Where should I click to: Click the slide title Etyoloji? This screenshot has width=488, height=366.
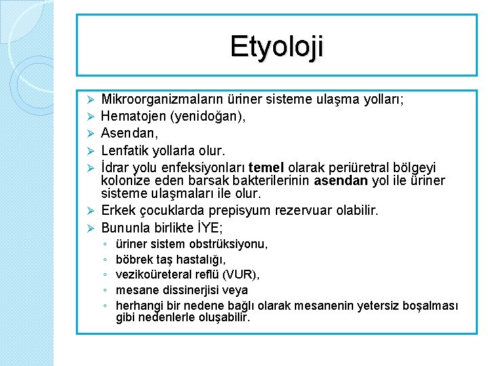pyautogui.click(x=277, y=46)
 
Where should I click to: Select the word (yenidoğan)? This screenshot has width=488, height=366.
pyautogui.click(x=211, y=117)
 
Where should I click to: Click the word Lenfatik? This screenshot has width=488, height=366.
pyautogui.click(x=129, y=150)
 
